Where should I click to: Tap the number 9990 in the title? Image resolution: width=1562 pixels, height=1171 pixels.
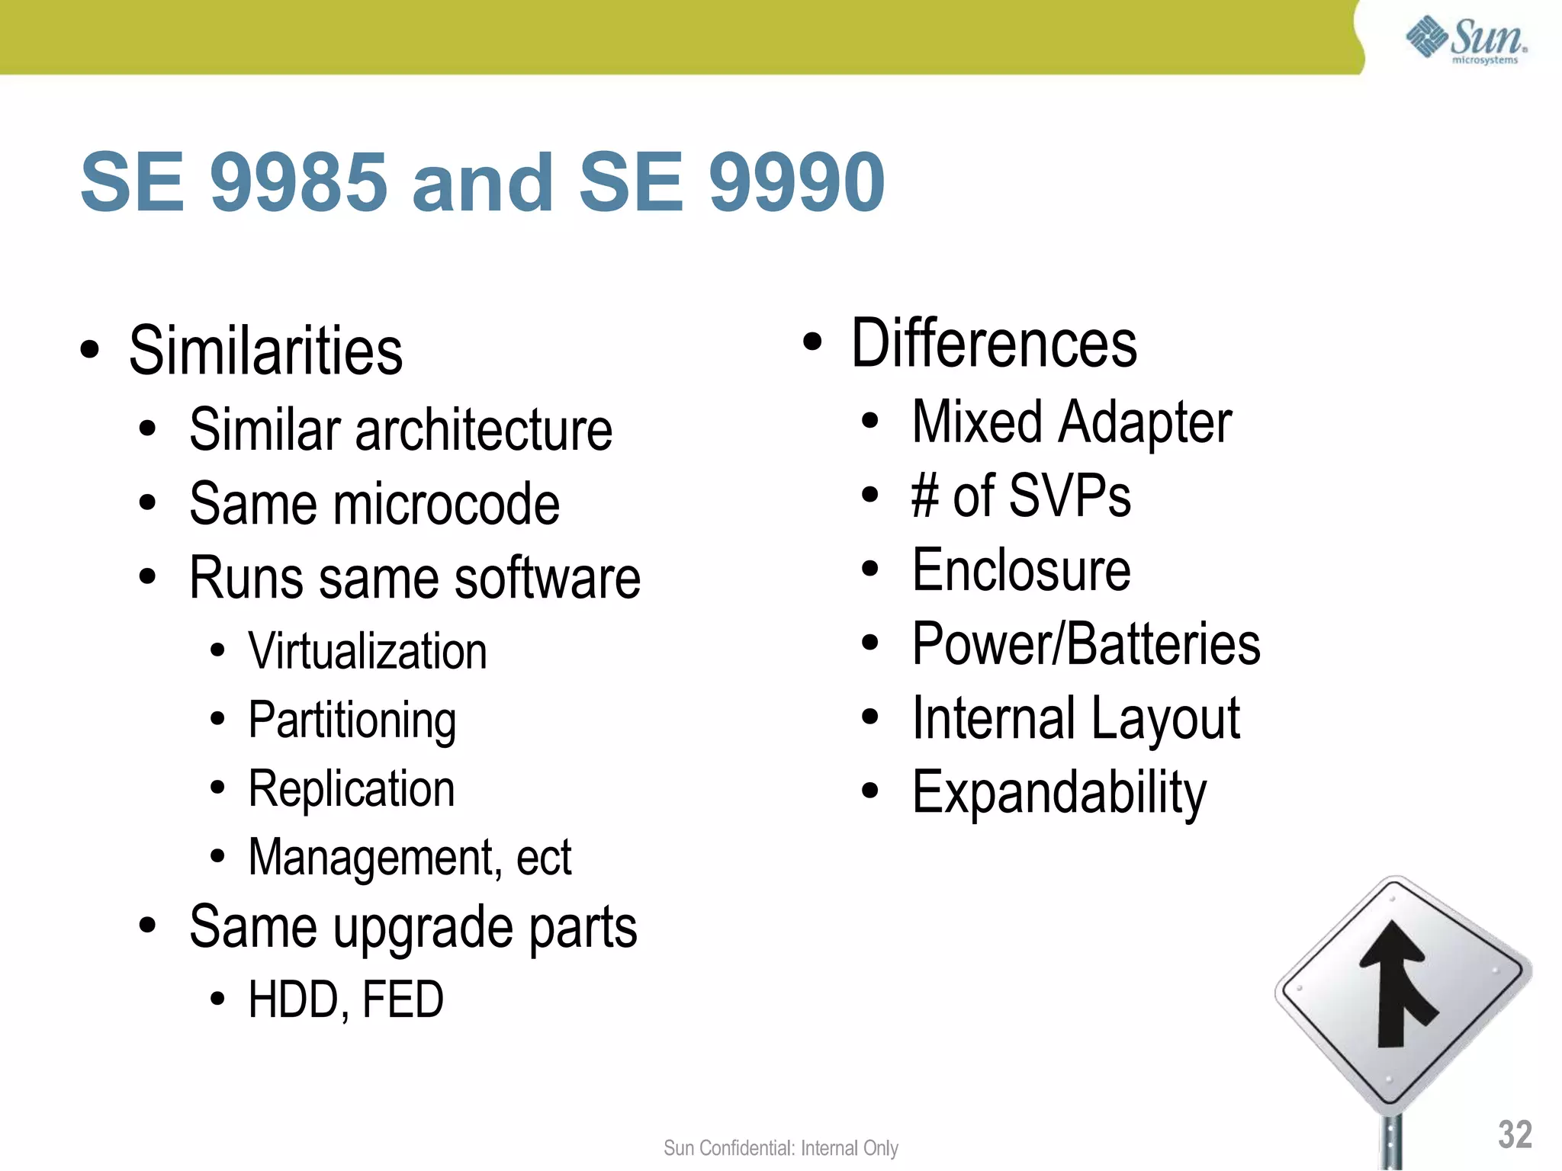tap(797, 182)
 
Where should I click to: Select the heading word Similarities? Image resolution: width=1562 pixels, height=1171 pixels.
tap(265, 351)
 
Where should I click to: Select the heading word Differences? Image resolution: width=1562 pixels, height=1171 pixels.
tap(994, 344)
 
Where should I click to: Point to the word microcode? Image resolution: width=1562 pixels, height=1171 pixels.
tap(445, 504)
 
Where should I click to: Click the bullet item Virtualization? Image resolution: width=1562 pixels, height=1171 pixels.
tap(368, 652)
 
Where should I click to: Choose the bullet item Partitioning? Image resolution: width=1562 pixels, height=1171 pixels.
tap(352, 720)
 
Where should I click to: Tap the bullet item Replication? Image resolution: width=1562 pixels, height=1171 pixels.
tap(352, 789)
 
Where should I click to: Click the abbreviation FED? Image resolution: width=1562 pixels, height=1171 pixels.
tap(403, 999)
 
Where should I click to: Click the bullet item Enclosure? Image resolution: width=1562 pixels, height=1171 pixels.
tap(1021, 570)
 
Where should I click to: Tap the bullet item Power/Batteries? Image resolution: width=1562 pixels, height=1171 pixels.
tap(1086, 644)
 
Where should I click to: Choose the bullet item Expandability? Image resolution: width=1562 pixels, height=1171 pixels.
tap(1059, 793)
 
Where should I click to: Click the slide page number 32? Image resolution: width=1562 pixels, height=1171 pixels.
tap(1515, 1134)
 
